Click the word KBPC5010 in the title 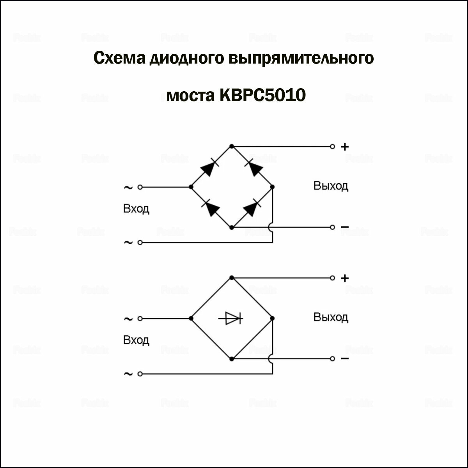(263, 95)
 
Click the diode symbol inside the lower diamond (231, 319)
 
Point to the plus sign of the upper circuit (345, 147)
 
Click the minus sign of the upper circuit (345, 227)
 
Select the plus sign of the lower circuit (345, 278)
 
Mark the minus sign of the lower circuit (345, 358)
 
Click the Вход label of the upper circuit (136, 209)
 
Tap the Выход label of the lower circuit (331, 317)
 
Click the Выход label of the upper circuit (331, 186)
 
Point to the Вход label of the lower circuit (136, 340)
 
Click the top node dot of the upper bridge (232, 146)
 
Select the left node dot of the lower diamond (191, 319)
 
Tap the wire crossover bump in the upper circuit (271, 228)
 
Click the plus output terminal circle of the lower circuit (332, 278)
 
